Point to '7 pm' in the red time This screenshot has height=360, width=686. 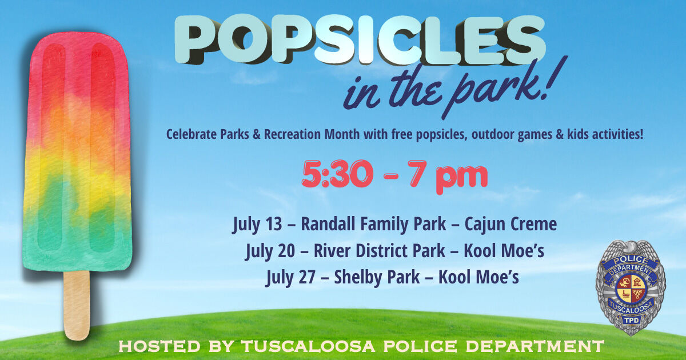pos(452,175)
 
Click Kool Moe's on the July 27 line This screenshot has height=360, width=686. pos(478,277)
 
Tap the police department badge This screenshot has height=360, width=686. pos(631,286)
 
